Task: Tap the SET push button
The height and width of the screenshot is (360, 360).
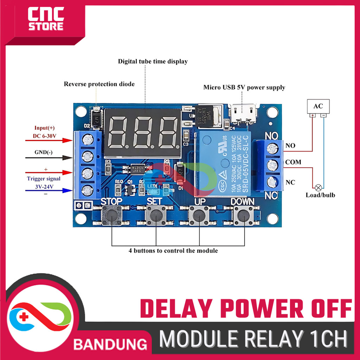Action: [155, 216]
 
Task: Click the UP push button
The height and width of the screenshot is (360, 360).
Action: [199, 216]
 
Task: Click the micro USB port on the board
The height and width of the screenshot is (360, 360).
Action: [243, 113]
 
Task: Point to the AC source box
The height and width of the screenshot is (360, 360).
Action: [318, 106]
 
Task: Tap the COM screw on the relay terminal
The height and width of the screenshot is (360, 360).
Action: [272, 165]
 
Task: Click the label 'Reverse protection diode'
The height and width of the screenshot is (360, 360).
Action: [99, 84]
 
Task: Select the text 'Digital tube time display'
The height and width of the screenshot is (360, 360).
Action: [153, 62]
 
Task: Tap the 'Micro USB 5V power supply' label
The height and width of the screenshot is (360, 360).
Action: [244, 88]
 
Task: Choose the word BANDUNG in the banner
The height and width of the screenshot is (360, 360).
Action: [110, 344]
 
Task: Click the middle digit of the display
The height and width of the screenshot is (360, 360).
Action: [143, 133]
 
